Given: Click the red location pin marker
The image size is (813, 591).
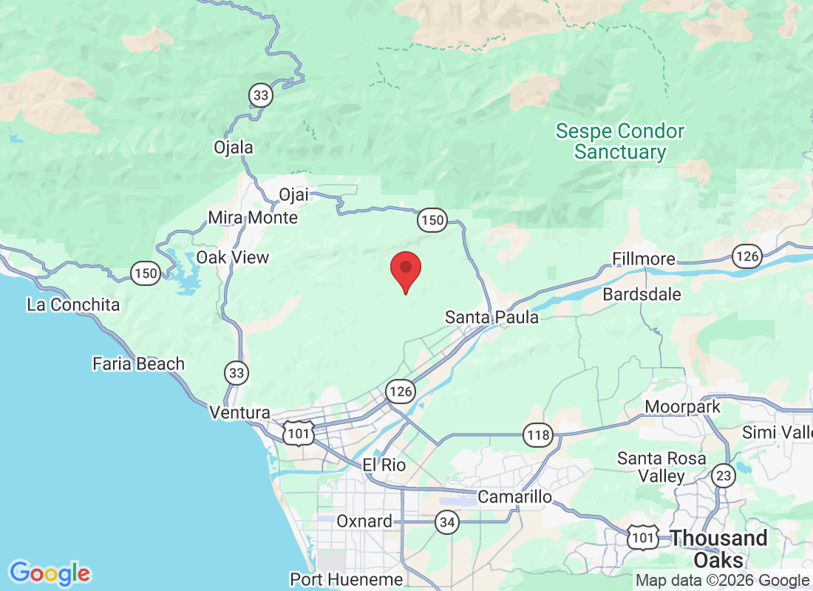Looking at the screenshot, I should tap(405, 270).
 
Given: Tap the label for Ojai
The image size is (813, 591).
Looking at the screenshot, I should tap(293, 195).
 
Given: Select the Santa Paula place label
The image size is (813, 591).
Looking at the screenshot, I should tap(491, 317).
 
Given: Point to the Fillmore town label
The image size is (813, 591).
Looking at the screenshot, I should tap(644, 259).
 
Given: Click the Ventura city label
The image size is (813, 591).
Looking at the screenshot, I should tap(239, 412).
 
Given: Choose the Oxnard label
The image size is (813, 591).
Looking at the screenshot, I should tap(364, 521).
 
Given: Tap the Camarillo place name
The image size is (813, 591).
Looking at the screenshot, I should tap(514, 496).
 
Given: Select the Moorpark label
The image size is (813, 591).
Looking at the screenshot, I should tap(682, 407).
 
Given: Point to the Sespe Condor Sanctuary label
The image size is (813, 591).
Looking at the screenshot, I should tap(620, 142).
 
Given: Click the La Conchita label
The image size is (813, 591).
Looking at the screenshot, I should tap(73, 304).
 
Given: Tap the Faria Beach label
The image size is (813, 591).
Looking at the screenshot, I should tap(138, 363).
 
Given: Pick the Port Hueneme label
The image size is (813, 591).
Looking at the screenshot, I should tap(347, 579).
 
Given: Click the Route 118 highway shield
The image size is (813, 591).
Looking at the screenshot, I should tap(538, 434).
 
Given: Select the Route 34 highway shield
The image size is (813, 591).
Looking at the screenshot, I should tap(446, 523).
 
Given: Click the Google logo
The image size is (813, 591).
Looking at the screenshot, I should tap(50, 573).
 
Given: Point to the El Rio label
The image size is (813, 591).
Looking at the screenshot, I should tap(384, 465).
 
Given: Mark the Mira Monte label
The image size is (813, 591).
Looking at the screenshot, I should tap(253, 217).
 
